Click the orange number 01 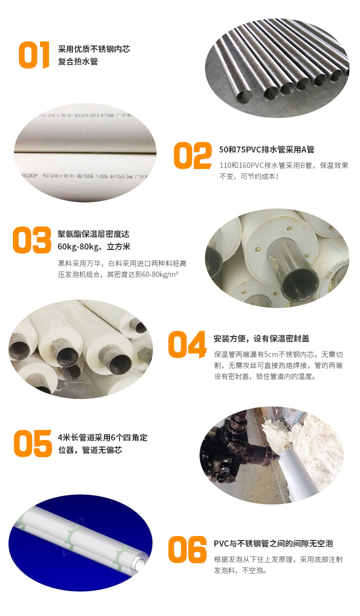click(34, 55)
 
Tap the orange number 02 click(192, 156)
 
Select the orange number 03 click(32, 240)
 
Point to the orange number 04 click(187, 344)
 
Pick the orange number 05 click(32, 443)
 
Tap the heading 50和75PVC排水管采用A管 click(266, 149)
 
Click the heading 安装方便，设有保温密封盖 click(261, 338)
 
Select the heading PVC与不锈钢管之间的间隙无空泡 click(273, 543)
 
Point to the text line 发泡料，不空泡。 click(240, 570)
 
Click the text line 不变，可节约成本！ click(249, 176)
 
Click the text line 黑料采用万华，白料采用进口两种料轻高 click(122, 263)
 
